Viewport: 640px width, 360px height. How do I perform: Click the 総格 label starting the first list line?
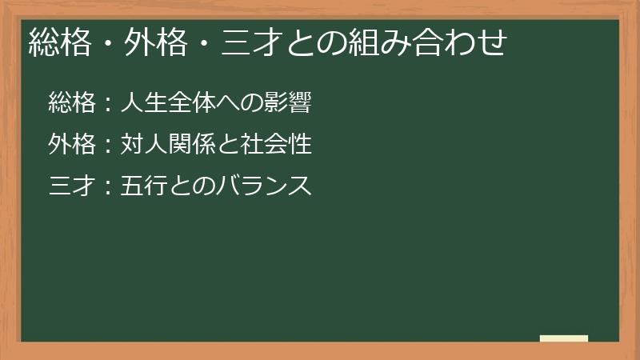71,102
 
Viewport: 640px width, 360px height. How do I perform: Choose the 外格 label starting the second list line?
71,145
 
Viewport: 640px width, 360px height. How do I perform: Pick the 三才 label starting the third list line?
71,186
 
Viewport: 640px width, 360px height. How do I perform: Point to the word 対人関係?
167,145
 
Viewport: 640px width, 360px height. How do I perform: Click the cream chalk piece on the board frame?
563,338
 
